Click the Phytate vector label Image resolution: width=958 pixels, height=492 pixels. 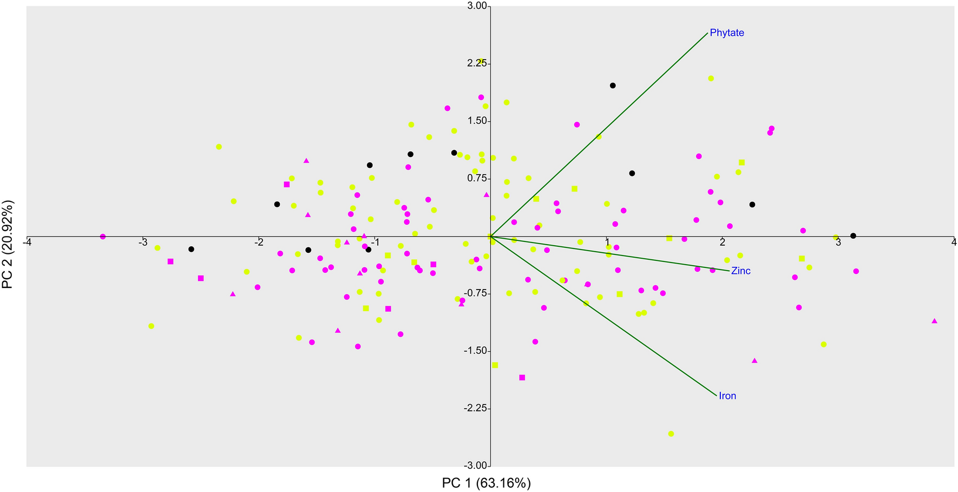pos(726,33)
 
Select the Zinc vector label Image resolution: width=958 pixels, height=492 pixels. pos(740,271)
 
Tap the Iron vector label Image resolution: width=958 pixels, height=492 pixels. pos(727,396)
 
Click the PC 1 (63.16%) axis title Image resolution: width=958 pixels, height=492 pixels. pos(486,483)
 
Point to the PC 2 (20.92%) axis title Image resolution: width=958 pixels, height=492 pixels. pos(8,245)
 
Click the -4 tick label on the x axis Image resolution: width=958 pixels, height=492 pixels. pos(26,242)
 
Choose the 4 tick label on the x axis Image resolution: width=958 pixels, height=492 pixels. pos(954,242)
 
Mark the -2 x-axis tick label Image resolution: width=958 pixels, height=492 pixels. pos(258,242)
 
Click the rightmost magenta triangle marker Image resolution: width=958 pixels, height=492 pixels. pos(934,321)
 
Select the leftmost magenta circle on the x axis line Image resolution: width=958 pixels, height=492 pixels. pos(103,237)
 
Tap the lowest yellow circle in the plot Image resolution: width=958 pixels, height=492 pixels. pos(671,434)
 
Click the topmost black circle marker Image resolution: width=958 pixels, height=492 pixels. pos(613,86)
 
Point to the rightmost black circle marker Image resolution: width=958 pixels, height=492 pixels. pos(853,236)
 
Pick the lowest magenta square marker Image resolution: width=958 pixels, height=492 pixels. pos(522,378)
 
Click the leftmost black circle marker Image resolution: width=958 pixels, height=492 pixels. pos(191,250)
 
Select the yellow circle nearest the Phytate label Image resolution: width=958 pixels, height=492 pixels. pos(711,78)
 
